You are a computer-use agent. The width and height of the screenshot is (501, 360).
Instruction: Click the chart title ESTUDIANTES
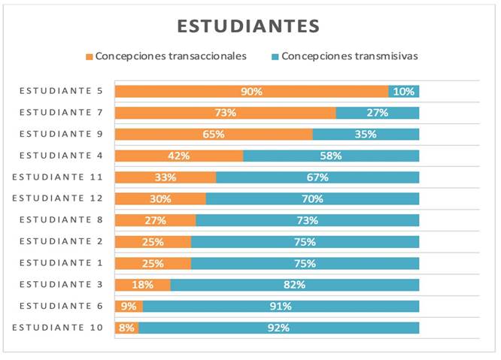tap(248, 26)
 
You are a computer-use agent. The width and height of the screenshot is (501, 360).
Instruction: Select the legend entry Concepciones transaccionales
tap(171, 56)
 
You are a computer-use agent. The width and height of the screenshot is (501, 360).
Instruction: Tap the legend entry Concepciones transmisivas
tap(350, 56)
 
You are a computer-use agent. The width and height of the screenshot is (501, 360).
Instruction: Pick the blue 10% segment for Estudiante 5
tap(404, 92)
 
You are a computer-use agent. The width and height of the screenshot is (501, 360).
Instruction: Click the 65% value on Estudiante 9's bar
tap(214, 135)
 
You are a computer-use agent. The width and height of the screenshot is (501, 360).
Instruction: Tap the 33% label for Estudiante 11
tap(165, 178)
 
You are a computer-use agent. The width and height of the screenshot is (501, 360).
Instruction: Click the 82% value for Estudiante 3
tap(295, 285)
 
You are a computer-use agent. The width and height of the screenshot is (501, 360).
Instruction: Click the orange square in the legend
tap(89, 56)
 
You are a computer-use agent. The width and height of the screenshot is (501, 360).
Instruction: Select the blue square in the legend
tap(275, 56)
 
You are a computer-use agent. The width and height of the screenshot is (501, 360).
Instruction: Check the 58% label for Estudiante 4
tap(331, 156)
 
